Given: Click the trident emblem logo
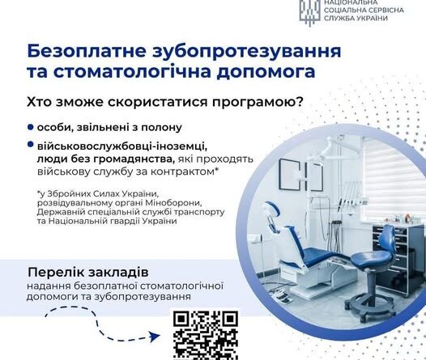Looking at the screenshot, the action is coord(310,12).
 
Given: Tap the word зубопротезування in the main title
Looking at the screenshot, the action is coord(247,52).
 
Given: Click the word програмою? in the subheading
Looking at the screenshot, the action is coord(258,103).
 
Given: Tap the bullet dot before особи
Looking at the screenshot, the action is coord(31,127).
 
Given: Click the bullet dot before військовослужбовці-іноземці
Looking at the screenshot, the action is coord(31,144).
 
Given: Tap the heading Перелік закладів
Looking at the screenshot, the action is coord(88,273).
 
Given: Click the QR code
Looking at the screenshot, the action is coord(206,335).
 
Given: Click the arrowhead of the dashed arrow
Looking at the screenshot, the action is coord(155,337).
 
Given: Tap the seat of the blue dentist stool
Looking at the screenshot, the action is coord(371,257).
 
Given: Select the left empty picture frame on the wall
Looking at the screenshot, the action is coord(290,175).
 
